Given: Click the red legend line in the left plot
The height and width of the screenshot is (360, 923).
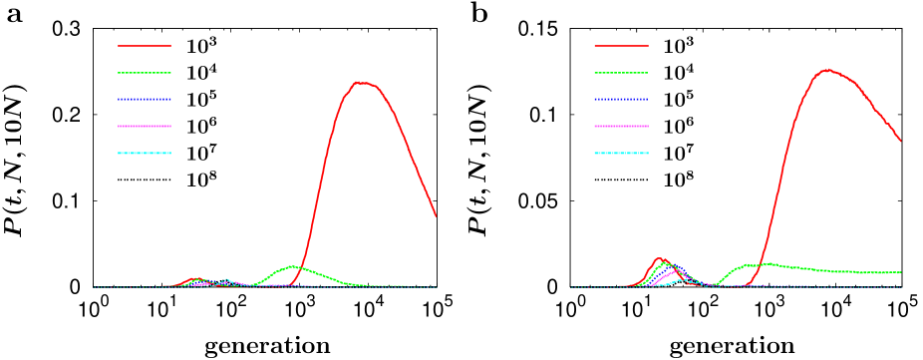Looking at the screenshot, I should (145, 46).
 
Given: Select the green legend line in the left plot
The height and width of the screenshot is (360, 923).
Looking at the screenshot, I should (145, 73).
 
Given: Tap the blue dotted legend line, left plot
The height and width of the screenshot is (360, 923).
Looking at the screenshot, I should (145, 100).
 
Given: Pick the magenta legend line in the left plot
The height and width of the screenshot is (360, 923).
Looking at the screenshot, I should (145, 127).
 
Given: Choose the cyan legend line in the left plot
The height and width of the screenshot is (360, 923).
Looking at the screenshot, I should (145, 154).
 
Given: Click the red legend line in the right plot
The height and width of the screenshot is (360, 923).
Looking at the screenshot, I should (621, 46).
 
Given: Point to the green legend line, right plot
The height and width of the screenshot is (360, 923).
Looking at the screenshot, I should (621, 73).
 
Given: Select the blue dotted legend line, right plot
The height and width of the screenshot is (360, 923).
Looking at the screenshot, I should (621, 100).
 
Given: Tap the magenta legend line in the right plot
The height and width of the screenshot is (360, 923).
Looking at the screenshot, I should (621, 127).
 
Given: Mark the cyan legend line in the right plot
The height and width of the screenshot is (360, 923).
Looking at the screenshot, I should (621, 154).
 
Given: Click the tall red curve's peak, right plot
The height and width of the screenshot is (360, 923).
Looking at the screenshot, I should (826, 70).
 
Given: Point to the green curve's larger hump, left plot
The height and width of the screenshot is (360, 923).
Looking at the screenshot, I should (292, 266).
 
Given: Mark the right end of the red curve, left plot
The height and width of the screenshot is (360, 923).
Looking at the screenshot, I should (436, 215).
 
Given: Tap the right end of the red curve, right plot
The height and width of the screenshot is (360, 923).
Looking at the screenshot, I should (900, 141).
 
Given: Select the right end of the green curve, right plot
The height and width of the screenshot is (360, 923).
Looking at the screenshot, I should (900, 272).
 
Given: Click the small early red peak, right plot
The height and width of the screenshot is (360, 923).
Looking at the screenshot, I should (658, 258).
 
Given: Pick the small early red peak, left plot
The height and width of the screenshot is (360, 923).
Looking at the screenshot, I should (195, 278).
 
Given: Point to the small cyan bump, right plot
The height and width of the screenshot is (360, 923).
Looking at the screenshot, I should (681, 280).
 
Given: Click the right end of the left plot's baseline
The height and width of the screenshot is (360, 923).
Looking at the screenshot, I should (437, 287).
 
